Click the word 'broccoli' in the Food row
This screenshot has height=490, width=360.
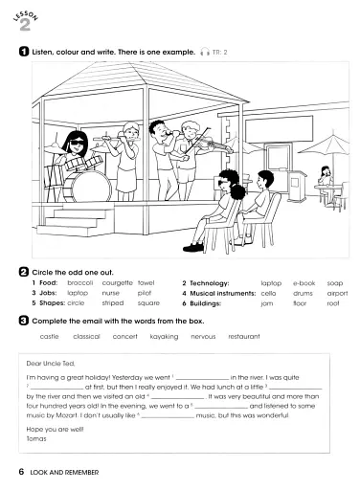click(x=79, y=284)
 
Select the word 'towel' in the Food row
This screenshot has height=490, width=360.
click(x=146, y=284)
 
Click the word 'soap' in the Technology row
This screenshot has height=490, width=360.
click(x=334, y=284)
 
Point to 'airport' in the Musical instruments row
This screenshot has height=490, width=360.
click(x=337, y=294)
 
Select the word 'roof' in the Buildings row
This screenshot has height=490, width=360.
click(x=333, y=303)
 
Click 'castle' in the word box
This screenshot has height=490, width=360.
click(x=49, y=337)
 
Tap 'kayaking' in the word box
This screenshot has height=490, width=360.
click(x=165, y=337)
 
